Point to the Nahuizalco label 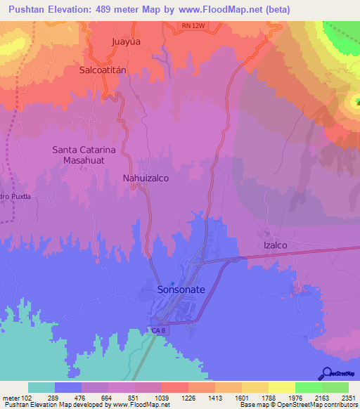click(x=146, y=178)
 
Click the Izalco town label click(x=276, y=245)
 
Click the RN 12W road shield click(x=193, y=25)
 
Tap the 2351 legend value click(x=347, y=397)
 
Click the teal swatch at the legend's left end click(x=41, y=387)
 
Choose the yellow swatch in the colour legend click(x=281, y=387)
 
